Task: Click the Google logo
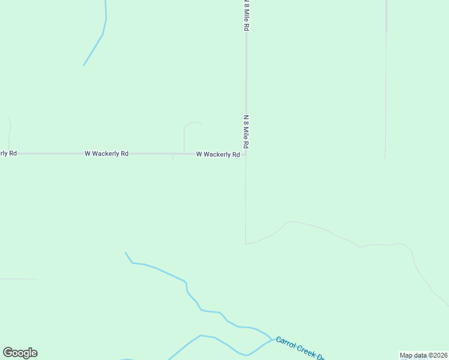coord(20,353)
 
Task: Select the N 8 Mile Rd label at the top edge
coord(246,16)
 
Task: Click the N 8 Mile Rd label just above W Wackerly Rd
coord(246,132)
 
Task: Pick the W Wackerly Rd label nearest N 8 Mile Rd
coord(218,154)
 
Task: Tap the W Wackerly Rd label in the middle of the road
coord(106,154)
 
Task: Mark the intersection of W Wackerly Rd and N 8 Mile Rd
coord(246,154)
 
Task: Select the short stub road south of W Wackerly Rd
coord(173,157)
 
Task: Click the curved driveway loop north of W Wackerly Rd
coord(191,124)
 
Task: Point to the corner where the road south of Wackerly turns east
coord(246,244)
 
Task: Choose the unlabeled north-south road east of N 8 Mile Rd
coord(385,78)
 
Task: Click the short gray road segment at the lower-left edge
coord(18,279)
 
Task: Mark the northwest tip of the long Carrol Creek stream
coord(125,253)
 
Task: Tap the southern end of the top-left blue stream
coord(84,65)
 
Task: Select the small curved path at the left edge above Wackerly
coord(10,129)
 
